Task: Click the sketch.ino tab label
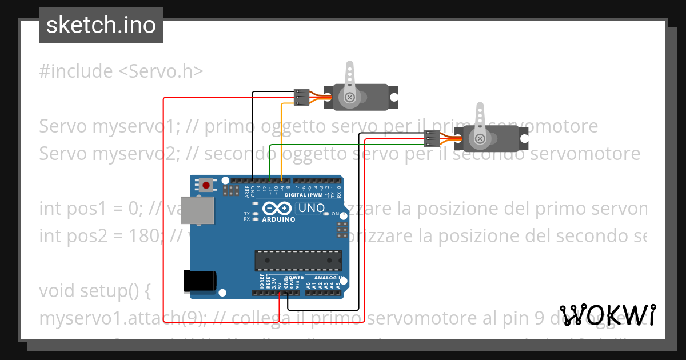[101, 25]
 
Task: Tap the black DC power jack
[200, 281]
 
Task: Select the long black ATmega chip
[298, 260]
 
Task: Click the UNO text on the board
[312, 208]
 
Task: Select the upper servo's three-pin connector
[302, 97]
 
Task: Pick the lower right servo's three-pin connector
[432, 138]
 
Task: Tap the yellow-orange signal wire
[282, 137]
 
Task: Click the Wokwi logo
[607, 315]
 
